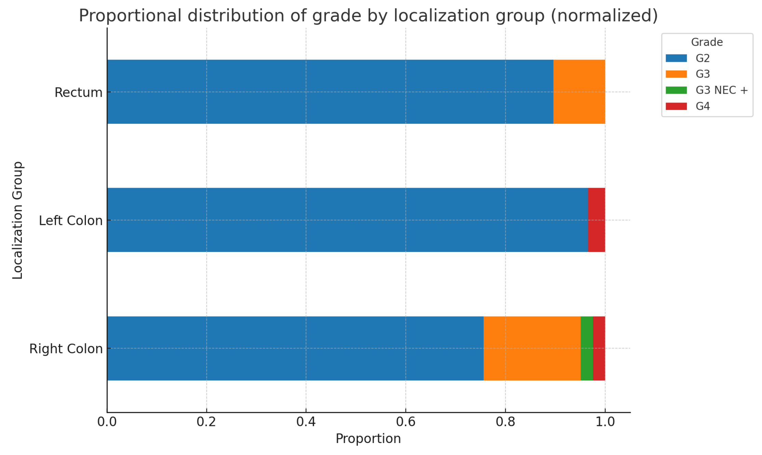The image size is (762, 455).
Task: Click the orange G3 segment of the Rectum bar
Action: click(x=579, y=92)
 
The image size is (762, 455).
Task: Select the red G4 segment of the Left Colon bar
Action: click(x=596, y=220)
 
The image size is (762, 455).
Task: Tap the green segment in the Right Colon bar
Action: click(x=586, y=348)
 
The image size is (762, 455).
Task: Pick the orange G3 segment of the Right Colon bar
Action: click(x=532, y=348)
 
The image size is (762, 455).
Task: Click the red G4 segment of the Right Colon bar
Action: click(x=599, y=348)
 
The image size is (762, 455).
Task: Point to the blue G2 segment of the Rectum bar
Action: click(x=330, y=92)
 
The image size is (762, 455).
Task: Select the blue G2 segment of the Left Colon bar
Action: click(x=347, y=220)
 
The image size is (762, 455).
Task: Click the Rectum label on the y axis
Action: click(x=78, y=92)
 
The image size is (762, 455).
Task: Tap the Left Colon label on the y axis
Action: click(x=70, y=220)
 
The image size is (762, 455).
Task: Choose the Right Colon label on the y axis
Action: click(x=66, y=349)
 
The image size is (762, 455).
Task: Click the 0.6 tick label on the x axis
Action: click(x=405, y=422)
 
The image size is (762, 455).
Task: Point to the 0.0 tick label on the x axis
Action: click(x=107, y=422)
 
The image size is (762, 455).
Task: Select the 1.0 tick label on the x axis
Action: click(x=605, y=422)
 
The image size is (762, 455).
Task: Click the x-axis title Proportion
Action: click(x=368, y=439)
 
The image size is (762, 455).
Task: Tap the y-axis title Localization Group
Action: click(x=17, y=220)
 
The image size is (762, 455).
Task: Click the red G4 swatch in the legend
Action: click(x=676, y=106)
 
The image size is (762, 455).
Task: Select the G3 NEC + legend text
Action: click(x=721, y=90)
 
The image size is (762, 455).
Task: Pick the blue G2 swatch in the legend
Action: click(x=676, y=58)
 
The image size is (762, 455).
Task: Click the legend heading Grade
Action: click(x=707, y=42)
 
